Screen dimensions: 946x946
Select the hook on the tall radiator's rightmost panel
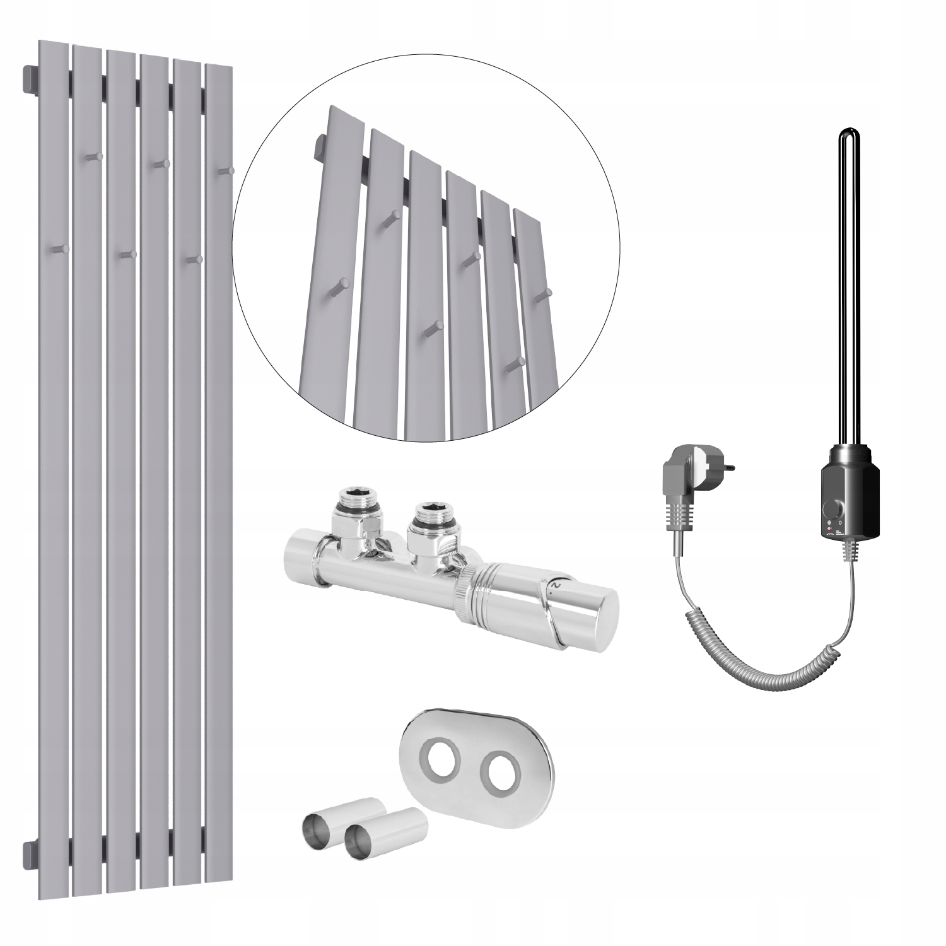click(226, 170)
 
